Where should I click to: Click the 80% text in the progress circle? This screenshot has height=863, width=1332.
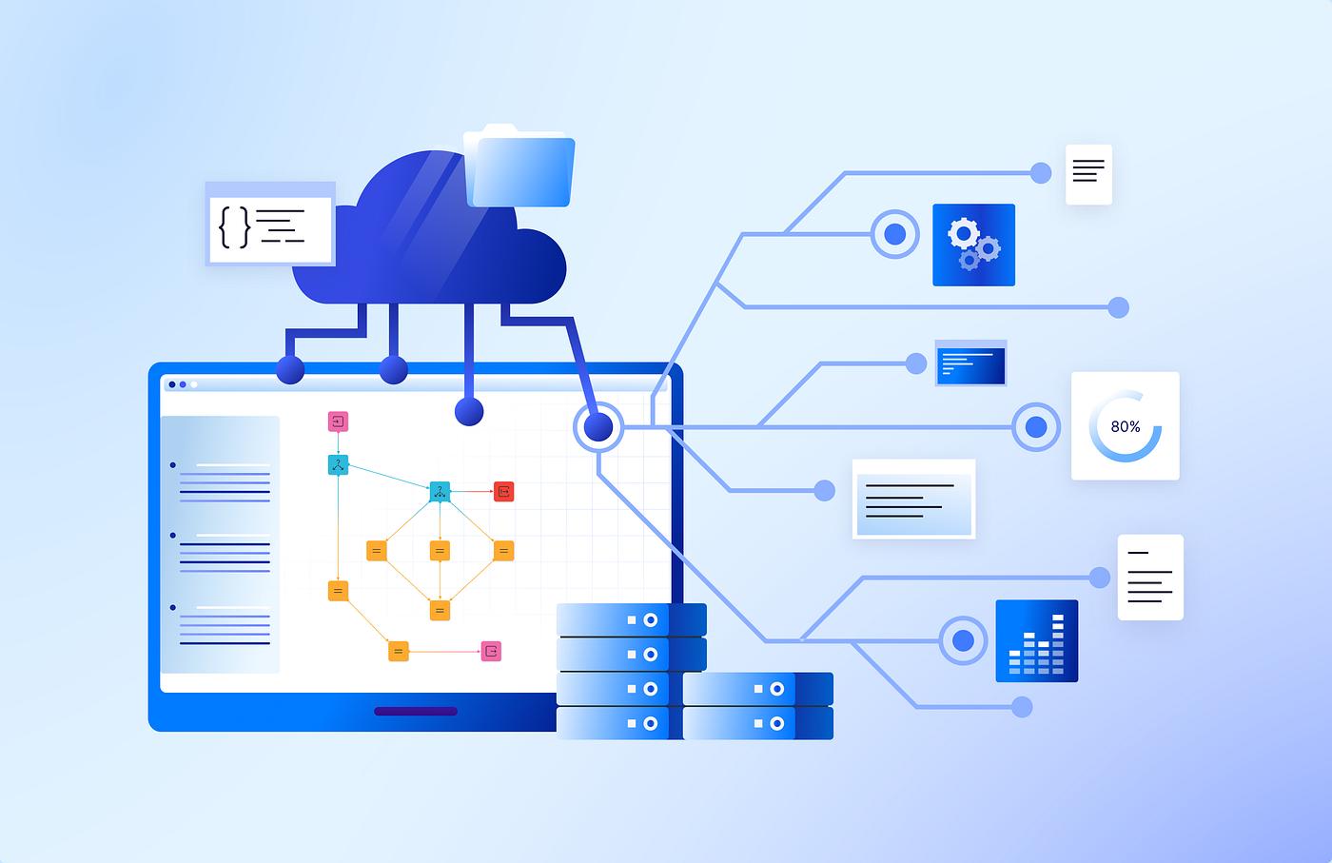1125,426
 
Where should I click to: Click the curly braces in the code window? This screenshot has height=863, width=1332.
234,226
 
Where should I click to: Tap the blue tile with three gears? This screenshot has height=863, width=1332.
973,245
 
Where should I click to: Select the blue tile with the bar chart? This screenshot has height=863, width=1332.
1036,640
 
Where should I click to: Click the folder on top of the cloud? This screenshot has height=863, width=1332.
519,167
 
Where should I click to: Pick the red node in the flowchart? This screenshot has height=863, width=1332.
503,491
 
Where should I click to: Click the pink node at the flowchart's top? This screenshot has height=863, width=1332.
338,422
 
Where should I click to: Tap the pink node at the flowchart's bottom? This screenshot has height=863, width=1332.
491,651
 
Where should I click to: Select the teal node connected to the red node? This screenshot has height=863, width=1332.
440,492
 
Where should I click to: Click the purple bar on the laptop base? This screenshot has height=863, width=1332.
416,711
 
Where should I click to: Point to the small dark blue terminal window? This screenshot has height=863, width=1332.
970,363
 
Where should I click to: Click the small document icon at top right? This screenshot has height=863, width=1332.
1088,174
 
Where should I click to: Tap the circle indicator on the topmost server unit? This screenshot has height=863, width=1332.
651,620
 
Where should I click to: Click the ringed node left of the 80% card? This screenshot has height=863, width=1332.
1036,427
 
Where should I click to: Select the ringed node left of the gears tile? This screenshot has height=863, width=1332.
895,234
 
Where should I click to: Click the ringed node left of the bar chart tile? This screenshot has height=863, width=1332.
963,640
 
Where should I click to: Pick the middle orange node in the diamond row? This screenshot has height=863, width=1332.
440,551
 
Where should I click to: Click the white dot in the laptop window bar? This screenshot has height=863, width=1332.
194,384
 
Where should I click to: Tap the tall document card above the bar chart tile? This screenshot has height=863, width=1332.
1150,578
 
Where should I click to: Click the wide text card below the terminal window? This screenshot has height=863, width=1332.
914,499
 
